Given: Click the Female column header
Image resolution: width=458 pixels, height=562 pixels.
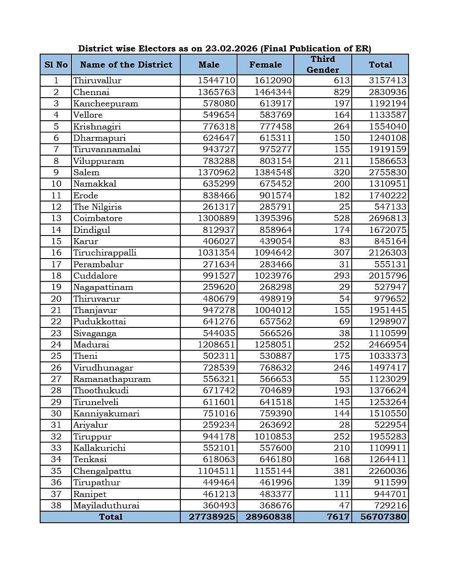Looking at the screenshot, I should [x=265, y=65].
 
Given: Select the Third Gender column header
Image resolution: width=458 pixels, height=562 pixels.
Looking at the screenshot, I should [x=322, y=65].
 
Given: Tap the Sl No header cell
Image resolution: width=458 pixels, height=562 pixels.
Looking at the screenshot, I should [x=56, y=65].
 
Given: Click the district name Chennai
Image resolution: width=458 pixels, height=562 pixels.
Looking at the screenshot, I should [x=91, y=92].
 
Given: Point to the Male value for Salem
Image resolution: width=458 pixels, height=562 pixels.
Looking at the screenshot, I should [x=216, y=172].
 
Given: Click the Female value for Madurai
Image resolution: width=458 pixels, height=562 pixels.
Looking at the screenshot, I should [x=273, y=344].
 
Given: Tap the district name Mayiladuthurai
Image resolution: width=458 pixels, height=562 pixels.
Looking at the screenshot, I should [x=106, y=505].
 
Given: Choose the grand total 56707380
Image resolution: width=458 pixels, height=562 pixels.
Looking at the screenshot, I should [x=383, y=517].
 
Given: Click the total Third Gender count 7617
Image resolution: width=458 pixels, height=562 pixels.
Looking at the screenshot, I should [x=338, y=517].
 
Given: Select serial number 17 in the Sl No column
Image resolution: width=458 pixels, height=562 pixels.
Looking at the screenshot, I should [x=56, y=264].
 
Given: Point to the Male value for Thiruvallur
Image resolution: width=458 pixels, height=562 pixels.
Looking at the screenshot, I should [x=216, y=80].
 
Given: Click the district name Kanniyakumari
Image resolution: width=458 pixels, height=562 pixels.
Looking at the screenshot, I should [x=106, y=413].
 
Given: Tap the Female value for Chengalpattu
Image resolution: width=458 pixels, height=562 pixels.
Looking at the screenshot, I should [x=273, y=471].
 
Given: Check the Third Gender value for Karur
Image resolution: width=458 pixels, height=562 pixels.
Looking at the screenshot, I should [x=344, y=241].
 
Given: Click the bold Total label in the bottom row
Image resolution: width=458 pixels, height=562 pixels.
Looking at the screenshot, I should [x=111, y=517].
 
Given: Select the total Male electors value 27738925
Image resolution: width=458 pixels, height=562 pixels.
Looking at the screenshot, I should [x=212, y=517].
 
